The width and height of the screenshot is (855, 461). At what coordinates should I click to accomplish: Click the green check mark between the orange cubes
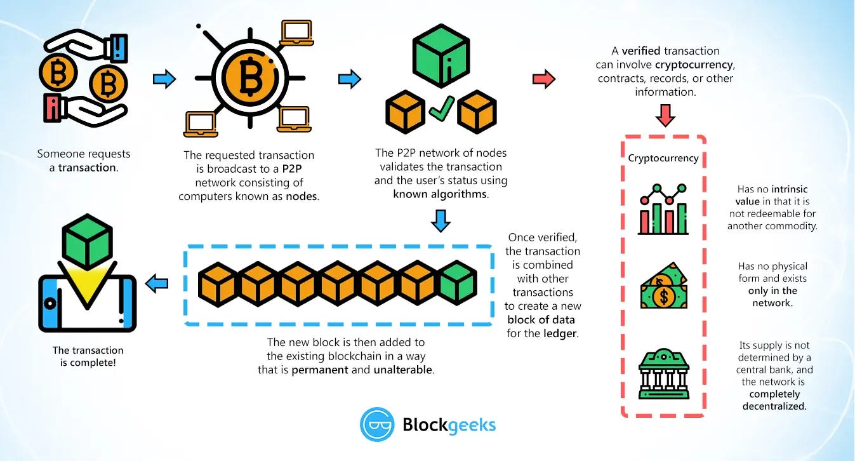[x=441, y=109]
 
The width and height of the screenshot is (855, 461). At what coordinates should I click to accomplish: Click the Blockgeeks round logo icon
[x=377, y=424]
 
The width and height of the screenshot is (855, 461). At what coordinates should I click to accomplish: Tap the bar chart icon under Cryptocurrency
[x=663, y=209]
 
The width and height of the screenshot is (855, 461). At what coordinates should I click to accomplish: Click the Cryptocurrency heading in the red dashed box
[x=663, y=158]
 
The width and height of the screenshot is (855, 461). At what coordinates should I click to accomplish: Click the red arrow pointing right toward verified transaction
[x=544, y=79]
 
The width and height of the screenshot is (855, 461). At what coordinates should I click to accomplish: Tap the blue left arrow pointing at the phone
[x=157, y=285]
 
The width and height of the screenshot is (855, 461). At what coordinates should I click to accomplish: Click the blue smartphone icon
[x=87, y=303]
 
